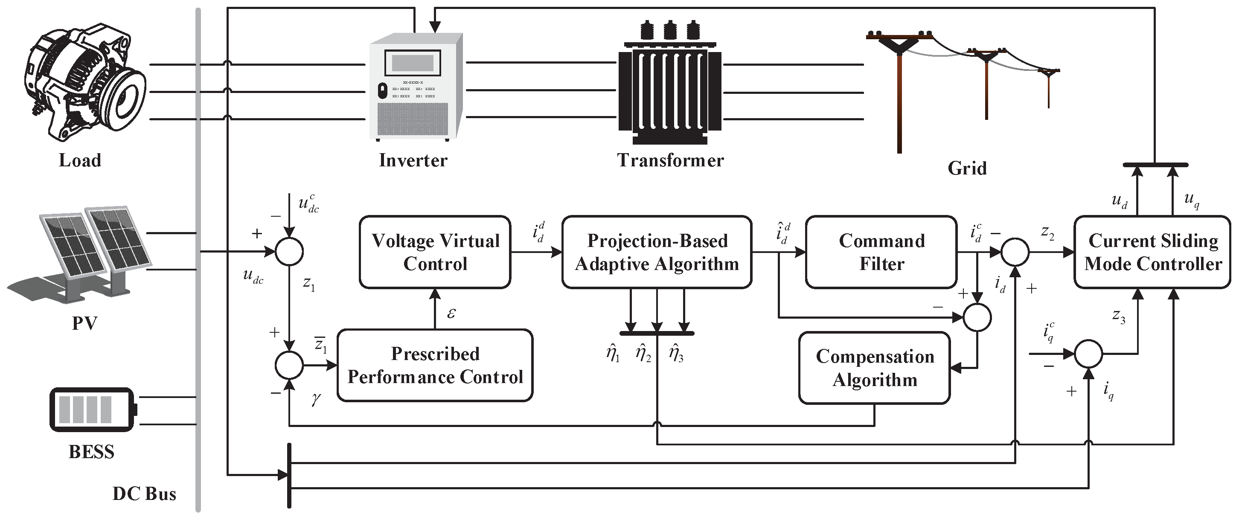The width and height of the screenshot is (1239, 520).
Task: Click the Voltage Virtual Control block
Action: [x=435, y=252]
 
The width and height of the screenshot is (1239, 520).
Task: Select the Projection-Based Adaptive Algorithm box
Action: [x=657, y=252]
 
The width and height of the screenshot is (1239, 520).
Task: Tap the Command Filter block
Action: [x=881, y=252]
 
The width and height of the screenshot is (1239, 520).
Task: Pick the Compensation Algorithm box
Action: [x=874, y=368]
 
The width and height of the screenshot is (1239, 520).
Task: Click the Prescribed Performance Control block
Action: [x=435, y=365]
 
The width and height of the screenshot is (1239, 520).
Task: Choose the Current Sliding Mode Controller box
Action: [x=1152, y=252]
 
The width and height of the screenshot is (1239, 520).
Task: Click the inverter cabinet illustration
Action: [x=416, y=87]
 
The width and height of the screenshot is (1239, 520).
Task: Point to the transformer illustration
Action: [x=669, y=83]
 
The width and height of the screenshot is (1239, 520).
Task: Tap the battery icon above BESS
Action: [x=94, y=410]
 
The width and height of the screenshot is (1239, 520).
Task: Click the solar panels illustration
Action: [x=79, y=255]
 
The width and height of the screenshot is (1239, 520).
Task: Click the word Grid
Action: [x=967, y=168]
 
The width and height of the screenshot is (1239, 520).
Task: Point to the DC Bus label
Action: [x=144, y=494]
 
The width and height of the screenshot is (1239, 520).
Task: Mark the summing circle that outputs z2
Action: [x=1015, y=252]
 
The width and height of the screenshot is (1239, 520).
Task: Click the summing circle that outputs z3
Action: [x=1088, y=354]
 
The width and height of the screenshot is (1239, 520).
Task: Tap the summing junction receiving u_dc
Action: [x=289, y=252]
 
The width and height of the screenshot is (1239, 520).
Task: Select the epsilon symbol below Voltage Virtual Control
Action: [x=451, y=314]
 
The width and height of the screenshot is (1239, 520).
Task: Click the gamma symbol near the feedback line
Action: [x=316, y=398]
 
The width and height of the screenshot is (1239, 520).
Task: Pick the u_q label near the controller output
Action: [x=1191, y=200]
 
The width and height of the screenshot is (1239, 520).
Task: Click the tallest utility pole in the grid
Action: [x=899, y=91]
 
